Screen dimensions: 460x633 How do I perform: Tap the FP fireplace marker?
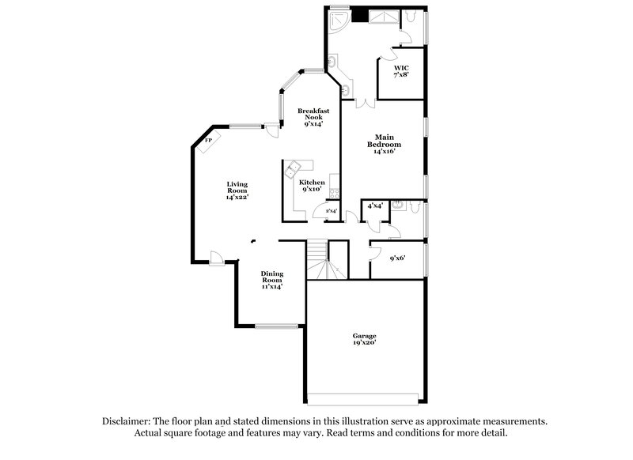210,141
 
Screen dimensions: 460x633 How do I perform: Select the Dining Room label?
272,281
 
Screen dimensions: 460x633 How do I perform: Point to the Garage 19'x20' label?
364,340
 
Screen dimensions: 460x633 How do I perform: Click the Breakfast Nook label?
313,117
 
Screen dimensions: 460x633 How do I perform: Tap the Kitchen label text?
312,186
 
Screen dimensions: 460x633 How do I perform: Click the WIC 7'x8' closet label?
401,71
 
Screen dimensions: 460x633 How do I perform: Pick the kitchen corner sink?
292,167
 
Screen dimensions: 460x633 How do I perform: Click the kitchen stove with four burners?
335,193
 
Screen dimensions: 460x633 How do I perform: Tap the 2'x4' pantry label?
331,210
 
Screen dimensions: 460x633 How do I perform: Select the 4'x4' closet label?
373,205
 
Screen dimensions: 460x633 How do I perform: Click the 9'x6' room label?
397,258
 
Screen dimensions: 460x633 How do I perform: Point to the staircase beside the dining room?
318,260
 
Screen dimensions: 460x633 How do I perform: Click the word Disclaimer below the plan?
129,422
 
